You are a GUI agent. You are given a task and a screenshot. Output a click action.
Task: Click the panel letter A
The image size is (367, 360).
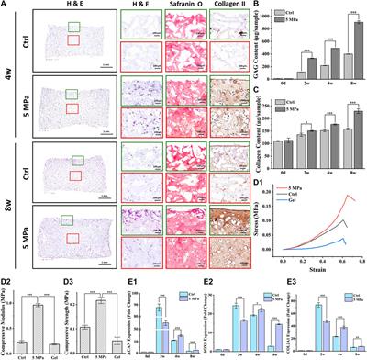(x=6, y=6)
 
